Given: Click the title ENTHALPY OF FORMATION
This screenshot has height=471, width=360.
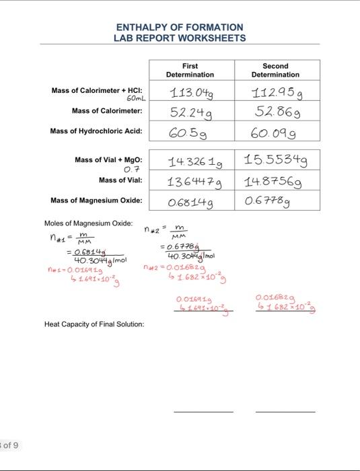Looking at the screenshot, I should (x=180, y=27).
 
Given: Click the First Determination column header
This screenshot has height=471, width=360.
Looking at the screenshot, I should (x=190, y=70).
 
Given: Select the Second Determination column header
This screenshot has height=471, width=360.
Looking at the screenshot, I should (x=275, y=70).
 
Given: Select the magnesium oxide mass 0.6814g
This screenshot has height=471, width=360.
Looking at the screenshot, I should (x=190, y=201).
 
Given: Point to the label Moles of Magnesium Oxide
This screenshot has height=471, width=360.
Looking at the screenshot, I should (x=88, y=223).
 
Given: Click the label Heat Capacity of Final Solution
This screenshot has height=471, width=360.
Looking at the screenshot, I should (x=94, y=324).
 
